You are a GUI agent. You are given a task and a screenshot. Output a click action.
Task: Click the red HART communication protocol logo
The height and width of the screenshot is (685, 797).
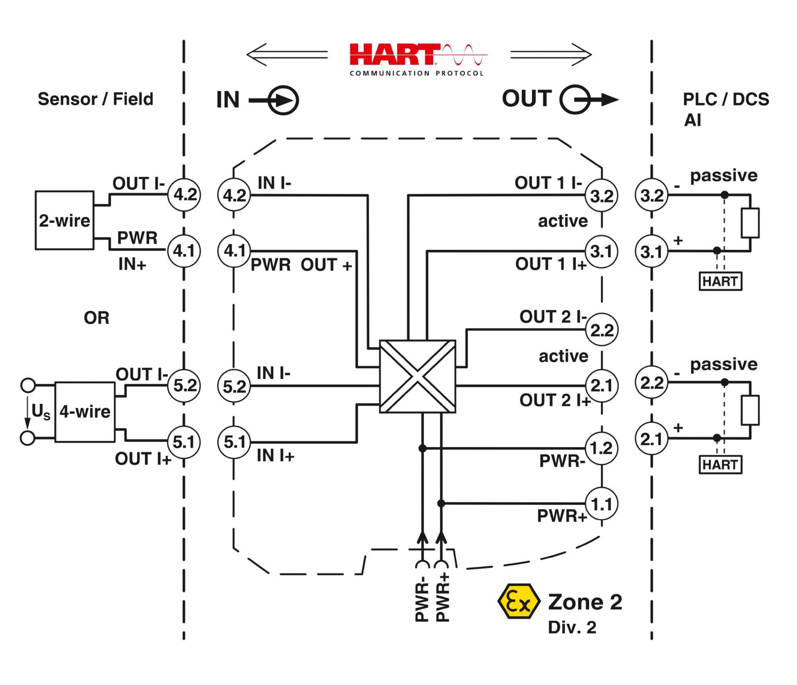pos(417,58)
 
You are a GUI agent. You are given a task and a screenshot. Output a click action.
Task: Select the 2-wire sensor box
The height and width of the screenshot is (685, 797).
pos(64,220)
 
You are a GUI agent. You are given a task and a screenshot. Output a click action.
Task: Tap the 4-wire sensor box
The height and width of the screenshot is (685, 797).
pos(85,411)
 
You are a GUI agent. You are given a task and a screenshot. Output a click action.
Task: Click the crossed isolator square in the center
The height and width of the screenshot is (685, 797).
pos(418,376)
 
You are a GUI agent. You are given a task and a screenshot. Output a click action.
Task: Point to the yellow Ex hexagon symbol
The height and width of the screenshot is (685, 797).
pos(518,601)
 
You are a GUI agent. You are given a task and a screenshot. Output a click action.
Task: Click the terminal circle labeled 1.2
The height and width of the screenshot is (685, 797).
pos(601,448)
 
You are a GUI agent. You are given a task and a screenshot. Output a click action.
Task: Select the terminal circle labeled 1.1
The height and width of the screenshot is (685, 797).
pos(601,504)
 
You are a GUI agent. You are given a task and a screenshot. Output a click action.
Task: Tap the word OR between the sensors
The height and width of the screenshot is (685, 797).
pos(96,318)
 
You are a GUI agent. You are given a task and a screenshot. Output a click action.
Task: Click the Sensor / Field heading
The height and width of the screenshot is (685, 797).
pos(96,99)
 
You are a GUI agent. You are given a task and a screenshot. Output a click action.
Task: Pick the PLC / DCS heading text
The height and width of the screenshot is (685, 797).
pos(726,99)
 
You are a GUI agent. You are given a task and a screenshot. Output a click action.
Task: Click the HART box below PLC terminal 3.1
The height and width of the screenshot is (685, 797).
pos(720,281)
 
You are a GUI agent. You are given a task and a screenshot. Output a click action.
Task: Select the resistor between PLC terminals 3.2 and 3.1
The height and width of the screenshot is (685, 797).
pos(750,223)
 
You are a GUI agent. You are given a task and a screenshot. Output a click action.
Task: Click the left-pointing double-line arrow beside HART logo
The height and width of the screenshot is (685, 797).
pos(287,54)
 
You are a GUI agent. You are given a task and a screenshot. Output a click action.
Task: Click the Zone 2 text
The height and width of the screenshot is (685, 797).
pos(585,602)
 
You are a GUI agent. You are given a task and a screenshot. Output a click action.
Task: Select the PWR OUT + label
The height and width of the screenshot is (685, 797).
pos(301,265)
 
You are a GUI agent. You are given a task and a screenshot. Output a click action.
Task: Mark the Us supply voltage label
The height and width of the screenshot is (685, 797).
pos(40,412)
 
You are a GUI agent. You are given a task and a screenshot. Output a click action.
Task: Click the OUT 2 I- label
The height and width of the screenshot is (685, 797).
pos(553,317)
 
